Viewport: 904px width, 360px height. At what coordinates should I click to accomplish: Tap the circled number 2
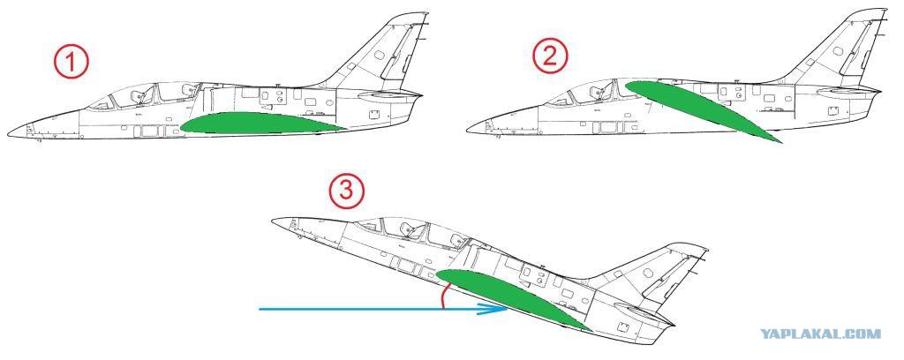[x=550, y=56]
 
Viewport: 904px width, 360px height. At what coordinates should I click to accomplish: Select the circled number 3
[x=346, y=191]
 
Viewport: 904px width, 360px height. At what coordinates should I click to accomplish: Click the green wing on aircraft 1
[x=262, y=123]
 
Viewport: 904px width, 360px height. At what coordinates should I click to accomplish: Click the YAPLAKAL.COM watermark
[x=820, y=334]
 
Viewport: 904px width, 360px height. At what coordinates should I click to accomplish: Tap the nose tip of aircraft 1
[x=8, y=133]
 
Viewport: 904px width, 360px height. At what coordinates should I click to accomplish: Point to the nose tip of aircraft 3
[x=273, y=220]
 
